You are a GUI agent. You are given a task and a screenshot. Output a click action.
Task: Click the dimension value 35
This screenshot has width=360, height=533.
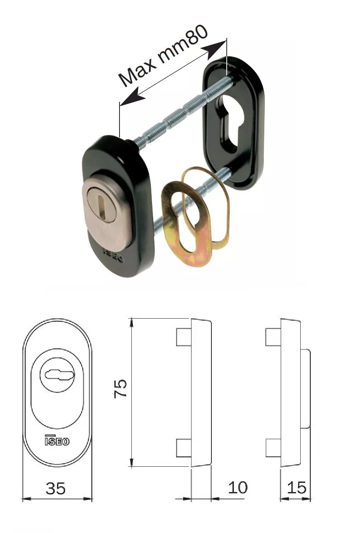(56, 489)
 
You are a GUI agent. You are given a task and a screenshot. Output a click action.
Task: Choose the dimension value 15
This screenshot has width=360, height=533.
(296, 487)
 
